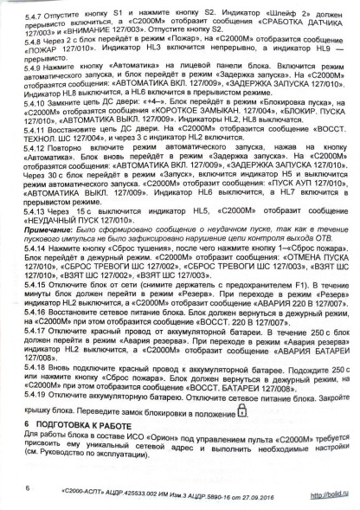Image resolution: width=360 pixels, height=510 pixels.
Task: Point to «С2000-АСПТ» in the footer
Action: [82, 492]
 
